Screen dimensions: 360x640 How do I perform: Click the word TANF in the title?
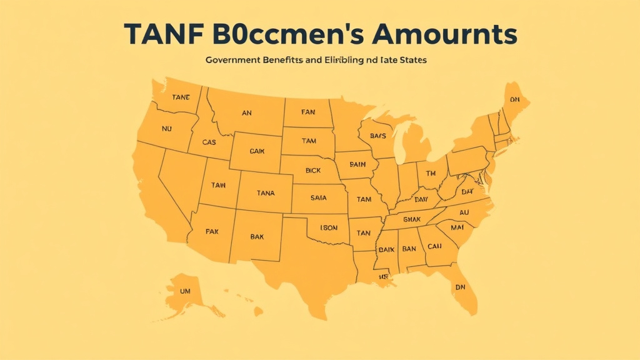[161, 34]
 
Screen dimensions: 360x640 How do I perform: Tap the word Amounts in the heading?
[446, 34]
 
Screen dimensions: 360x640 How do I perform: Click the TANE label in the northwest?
[181, 97]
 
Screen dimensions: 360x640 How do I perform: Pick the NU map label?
[166, 129]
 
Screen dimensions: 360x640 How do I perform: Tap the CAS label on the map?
[209, 142]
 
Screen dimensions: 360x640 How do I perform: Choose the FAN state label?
[308, 112]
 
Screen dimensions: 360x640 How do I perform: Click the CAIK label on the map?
[257, 151]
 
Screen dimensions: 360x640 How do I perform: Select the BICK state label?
[313, 169]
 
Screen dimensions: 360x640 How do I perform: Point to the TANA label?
[266, 193]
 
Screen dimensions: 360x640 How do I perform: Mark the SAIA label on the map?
[319, 197]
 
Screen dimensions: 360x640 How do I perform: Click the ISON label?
[329, 227]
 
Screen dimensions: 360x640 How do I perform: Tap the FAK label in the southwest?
[212, 231]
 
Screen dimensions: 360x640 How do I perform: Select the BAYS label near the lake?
[377, 136]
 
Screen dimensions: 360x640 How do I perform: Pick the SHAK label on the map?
[413, 219]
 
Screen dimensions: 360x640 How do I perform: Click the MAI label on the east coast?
[457, 227]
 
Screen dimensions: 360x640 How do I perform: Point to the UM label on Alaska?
[184, 291]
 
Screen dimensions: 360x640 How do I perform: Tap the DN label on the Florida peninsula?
[460, 287]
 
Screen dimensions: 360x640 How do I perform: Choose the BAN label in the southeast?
[409, 249]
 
